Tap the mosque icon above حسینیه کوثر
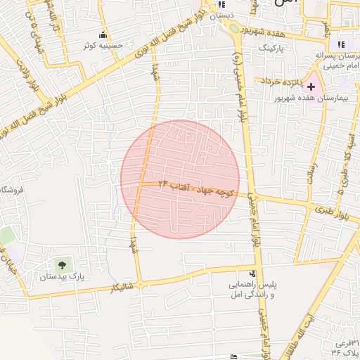[x=103, y=35]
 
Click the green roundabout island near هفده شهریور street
[x=231, y=30]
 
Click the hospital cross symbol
[x=311, y=86]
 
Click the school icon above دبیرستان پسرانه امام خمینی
[x=342, y=44]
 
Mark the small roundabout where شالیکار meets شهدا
[x=141, y=285]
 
